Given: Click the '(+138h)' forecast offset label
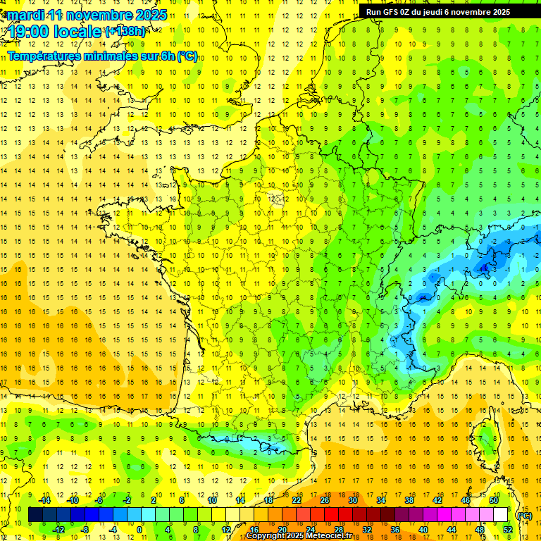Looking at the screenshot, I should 125,31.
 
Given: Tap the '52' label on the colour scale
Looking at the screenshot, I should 508,529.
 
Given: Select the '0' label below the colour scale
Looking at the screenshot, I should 139,529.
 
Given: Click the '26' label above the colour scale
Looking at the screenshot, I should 324,499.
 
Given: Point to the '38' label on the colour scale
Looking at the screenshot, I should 409,499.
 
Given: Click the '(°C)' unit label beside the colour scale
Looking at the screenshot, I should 524,515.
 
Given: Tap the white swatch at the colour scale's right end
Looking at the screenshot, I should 501,515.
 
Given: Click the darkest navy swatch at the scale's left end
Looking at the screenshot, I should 35,515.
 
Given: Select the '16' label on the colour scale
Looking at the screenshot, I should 254,529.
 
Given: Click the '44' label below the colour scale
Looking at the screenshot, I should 452,529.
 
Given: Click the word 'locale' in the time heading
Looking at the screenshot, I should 80,31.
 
